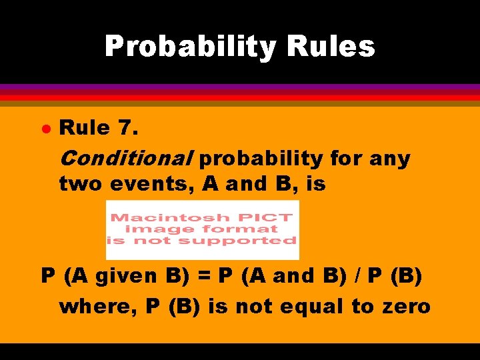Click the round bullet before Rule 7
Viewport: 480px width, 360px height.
[45, 128]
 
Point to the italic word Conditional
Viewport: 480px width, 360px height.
[126, 159]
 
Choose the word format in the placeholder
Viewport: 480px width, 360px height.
[244, 229]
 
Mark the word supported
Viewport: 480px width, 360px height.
[257, 240]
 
